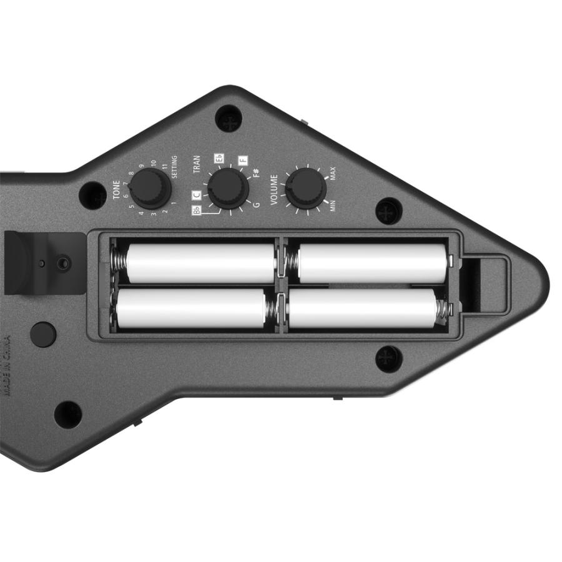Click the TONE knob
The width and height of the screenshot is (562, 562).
(x=151, y=188)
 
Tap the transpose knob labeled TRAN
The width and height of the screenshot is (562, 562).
(x=228, y=188)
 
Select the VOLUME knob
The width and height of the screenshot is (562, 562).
(x=305, y=188)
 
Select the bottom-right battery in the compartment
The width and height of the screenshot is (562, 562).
(x=362, y=308)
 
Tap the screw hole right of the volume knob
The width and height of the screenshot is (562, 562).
(x=388, y=211)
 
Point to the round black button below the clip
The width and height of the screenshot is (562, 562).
(x=42, y=334)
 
